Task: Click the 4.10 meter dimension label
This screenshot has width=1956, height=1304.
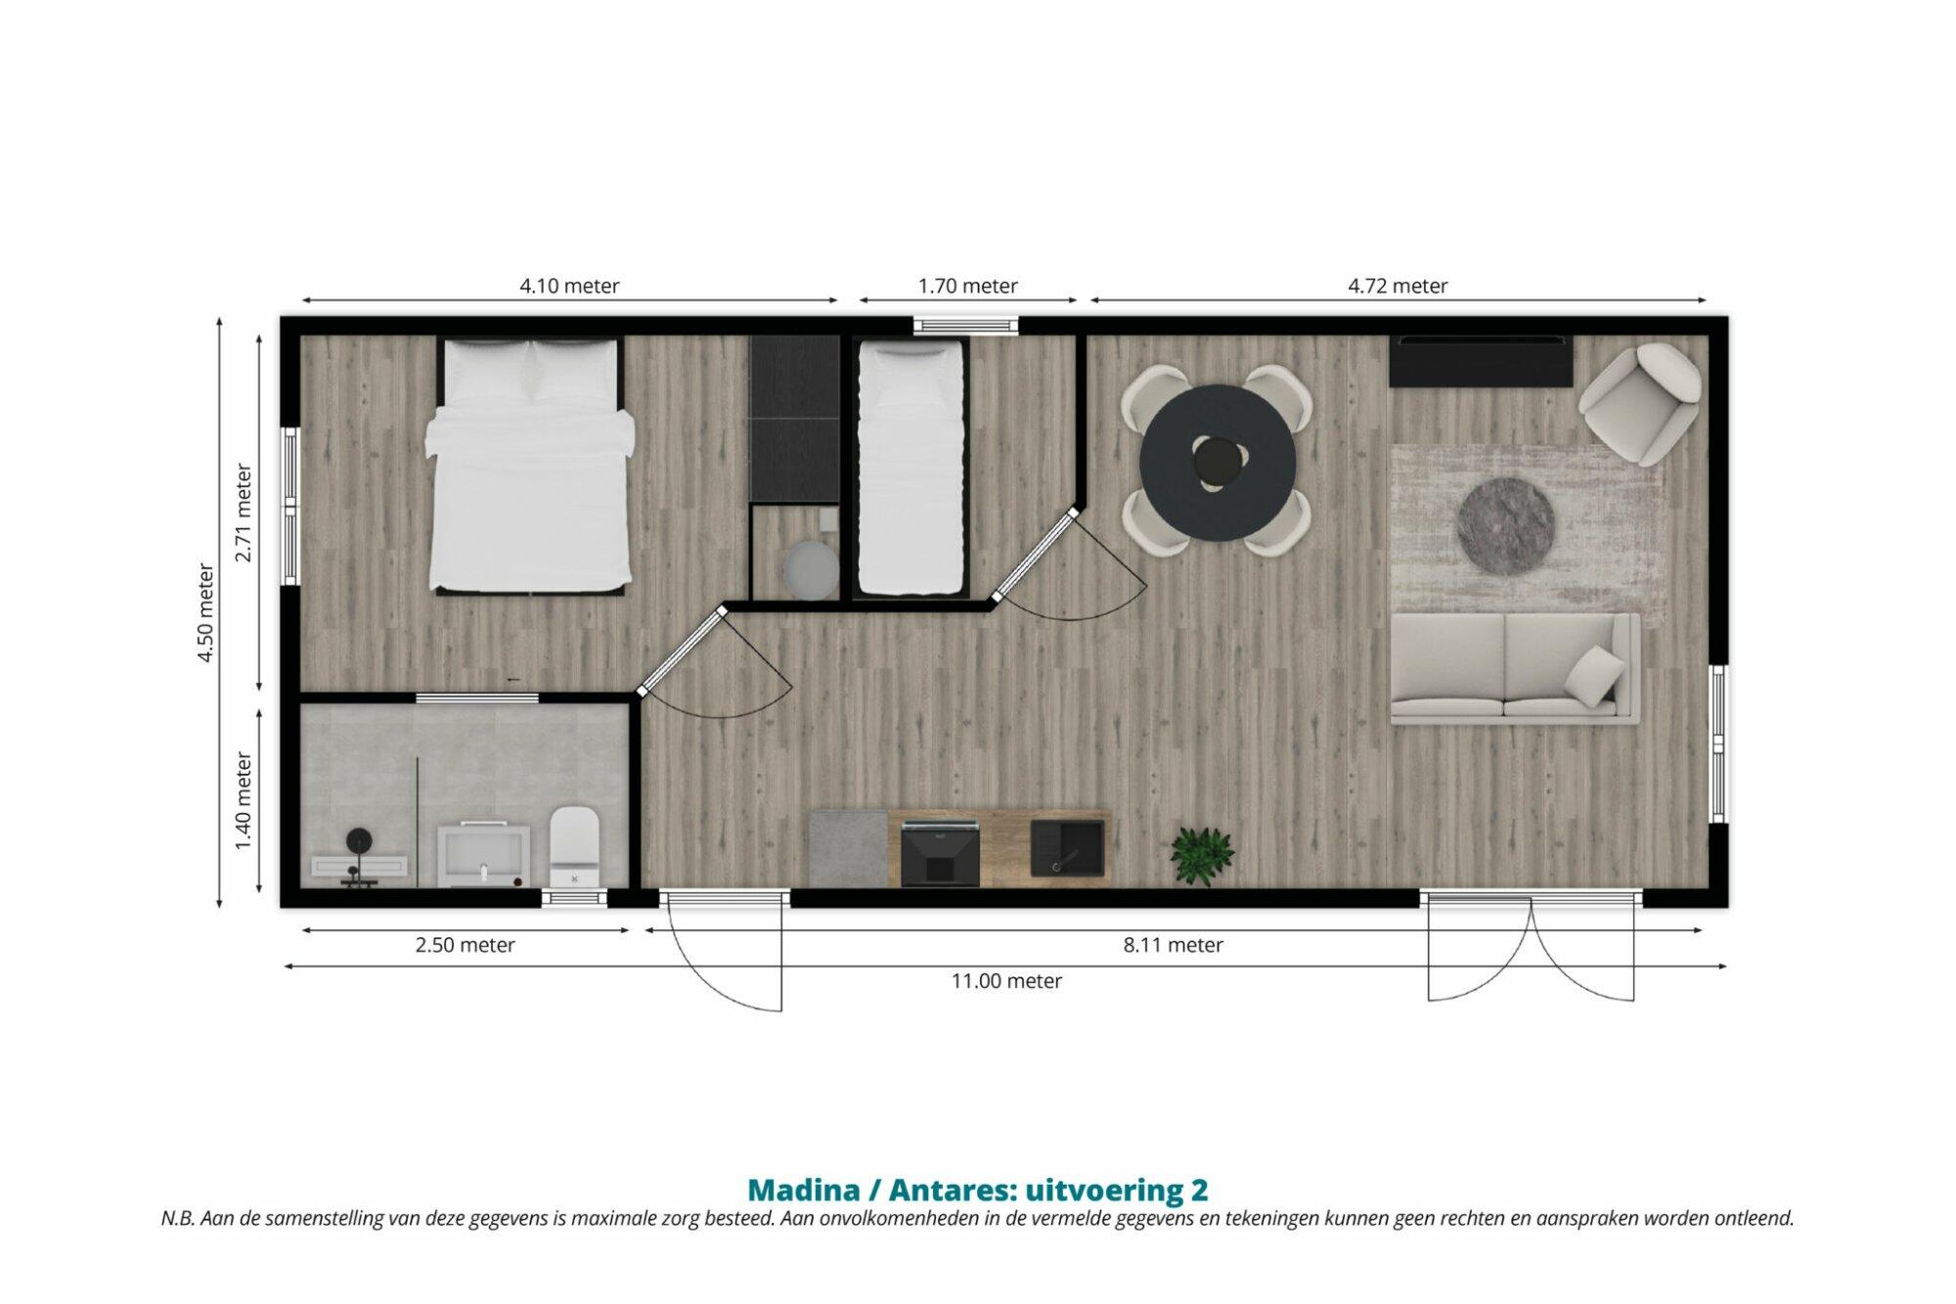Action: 569,286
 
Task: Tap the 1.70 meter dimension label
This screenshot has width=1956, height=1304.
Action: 967,286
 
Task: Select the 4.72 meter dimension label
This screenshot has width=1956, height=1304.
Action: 1398,286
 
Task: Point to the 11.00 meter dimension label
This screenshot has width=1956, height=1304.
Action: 1006,980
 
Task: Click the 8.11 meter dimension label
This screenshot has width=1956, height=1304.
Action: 1173,945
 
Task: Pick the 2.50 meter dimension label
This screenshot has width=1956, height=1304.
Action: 465,945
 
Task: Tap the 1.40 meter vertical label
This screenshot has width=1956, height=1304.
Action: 244,800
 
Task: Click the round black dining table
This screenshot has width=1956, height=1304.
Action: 1218,462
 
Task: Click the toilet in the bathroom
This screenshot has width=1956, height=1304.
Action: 574,846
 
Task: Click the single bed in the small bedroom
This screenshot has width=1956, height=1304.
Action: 911,468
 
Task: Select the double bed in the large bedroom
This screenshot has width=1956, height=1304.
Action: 529,466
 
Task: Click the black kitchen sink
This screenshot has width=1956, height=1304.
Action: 1067,847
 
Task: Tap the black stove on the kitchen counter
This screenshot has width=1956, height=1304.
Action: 940,854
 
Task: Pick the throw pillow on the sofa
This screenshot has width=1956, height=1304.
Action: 1595,674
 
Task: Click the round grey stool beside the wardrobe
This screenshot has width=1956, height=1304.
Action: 811,570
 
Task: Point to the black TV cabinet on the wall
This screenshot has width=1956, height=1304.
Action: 1481,360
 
